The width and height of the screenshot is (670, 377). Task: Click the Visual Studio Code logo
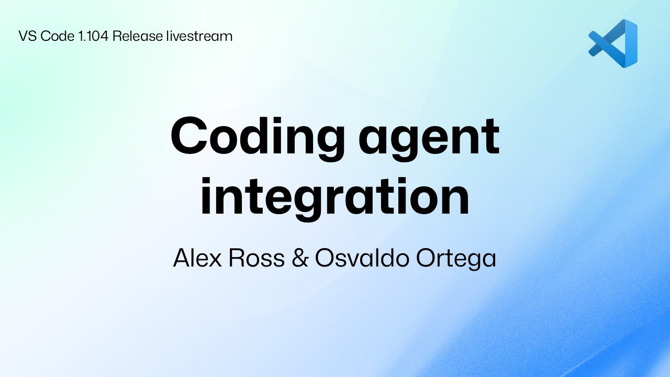click(x=613, y=43)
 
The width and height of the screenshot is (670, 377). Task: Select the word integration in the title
click(x=335, y=197)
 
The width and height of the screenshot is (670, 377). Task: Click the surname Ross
click(x=256, y=258)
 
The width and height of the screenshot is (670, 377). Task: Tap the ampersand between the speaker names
click(x=300, y=258)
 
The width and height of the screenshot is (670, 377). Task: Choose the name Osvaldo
click(x=362, y=258)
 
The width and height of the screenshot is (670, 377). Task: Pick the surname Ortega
click(x=456, y=259)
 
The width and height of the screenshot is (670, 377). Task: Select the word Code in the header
click(x=58, y=36)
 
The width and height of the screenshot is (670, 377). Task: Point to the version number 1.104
click(x=93, y=36)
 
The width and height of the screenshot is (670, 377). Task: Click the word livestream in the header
click(x=199, y=36)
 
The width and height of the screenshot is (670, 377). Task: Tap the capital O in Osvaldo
click(x=325, y=258)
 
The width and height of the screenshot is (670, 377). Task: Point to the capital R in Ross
click(x=236, y=258)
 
